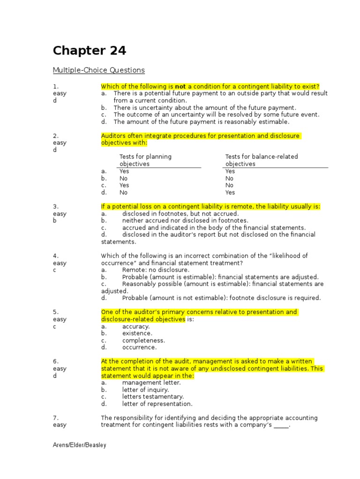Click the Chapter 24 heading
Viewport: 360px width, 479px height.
(x=89, y=51)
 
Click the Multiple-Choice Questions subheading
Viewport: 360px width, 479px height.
(x=98, y=70)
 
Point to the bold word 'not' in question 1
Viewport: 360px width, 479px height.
(x=180, y=87)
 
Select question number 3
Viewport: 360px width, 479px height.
(x=55, y=207)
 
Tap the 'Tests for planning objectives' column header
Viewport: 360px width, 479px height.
(x=145, y=160)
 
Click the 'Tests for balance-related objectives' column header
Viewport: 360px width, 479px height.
(x=262, y=160)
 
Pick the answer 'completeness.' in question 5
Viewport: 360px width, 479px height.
(x=143, y=341)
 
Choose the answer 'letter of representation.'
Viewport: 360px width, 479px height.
(x=157, y=404)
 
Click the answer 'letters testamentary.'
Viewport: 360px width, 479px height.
(x=153, y=397)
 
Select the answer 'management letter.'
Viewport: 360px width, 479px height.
(x=151, y=383)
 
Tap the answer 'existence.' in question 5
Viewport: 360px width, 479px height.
(x=137, y=334)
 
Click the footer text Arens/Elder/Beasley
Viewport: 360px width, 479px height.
(x=79, y=445)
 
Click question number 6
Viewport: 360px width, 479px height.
(x=55, y=362)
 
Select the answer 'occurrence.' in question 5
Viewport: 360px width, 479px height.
(x=139, y=348)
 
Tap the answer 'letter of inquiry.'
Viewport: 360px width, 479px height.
(x=145, y=390)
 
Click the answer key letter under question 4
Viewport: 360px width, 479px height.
(x=54, y=270)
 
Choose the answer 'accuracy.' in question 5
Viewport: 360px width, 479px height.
(x=136, y=327)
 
